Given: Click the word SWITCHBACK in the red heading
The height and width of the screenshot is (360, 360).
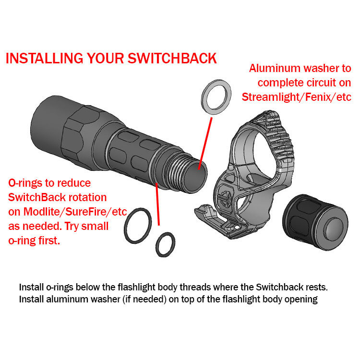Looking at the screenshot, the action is tap(172, 58).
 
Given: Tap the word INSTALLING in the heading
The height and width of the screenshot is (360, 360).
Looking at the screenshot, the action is tap(44, 58).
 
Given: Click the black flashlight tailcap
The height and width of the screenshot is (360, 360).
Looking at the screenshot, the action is tap(315, 222).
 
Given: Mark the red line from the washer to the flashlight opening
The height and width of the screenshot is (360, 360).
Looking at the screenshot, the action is tap(205, 144).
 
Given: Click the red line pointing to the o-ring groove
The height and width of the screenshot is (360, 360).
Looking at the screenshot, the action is tap(157, 204).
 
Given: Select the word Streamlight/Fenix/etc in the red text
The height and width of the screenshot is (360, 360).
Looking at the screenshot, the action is tap(297, 97).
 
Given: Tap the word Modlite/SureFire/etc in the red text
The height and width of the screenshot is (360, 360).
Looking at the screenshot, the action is tap(75, 212).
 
